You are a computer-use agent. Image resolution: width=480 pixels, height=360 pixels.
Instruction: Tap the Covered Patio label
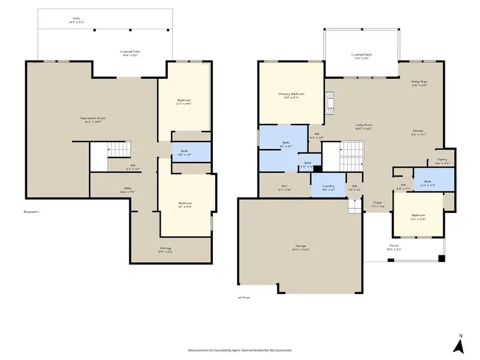pyautogui.click(x=130, y=53)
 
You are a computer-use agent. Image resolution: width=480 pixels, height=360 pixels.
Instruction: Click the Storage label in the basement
pyautogui.click(x=165, y=249)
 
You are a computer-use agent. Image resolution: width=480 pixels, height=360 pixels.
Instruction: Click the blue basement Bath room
pyautogui.click(x=190, y=153)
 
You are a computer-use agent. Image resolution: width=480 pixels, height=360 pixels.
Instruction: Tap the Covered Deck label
pyautogui.click(x=362, y=55)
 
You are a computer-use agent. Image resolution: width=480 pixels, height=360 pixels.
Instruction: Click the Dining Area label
pyautogui.click(x=419, y=83)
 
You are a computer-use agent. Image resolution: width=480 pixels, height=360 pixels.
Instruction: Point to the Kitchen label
pyautogui.click(x=419, y=133)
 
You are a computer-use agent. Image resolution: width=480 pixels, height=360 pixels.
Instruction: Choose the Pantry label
pyautogui.click(x=443, y=161)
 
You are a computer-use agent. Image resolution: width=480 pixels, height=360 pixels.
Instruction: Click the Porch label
pyautogui.click(x=394, y=248)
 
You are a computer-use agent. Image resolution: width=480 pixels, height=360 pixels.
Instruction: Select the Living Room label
pyautogui.click(x=364, y=127)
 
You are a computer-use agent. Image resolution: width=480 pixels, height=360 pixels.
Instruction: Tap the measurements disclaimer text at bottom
pyautogui.click(x=239, y=350)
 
